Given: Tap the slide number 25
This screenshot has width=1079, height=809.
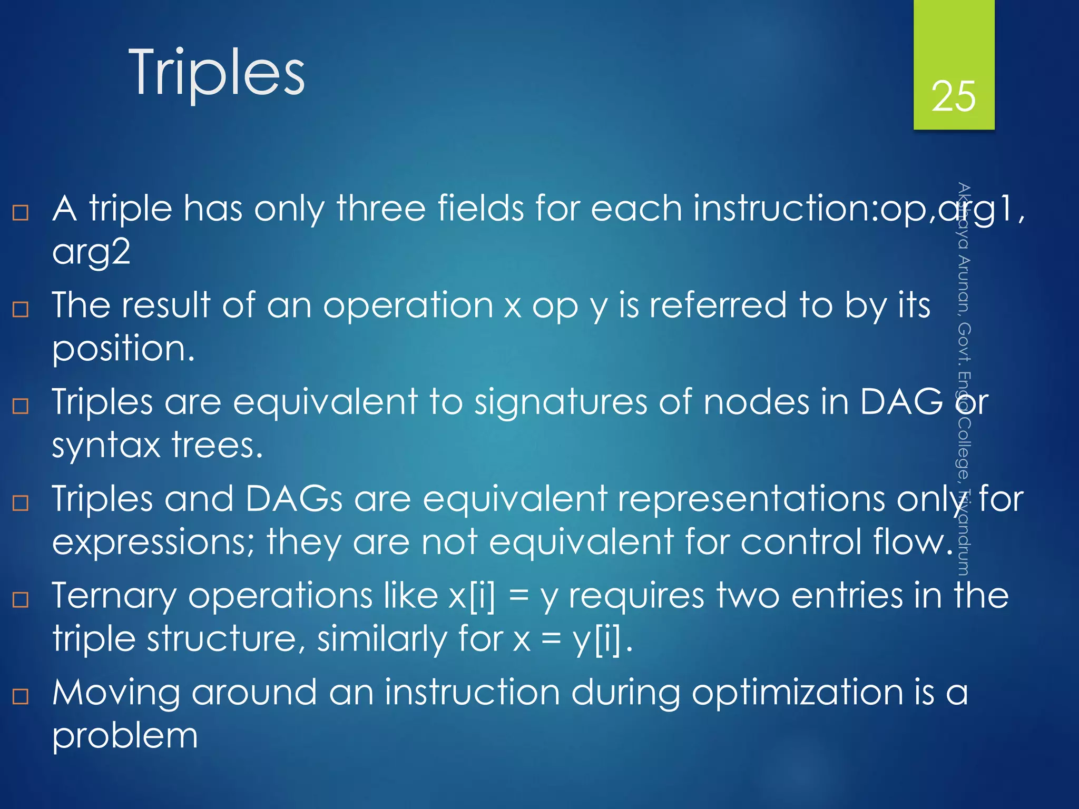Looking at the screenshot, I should (954, 96).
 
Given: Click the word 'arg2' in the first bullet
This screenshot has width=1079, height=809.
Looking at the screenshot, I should (91, 252).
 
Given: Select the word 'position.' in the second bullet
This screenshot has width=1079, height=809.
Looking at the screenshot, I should (124, 349).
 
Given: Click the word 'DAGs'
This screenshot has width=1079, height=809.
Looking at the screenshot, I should (294, 499).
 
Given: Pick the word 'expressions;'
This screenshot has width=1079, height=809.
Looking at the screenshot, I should (153, 542).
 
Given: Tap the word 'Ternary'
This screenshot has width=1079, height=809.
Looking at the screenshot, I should (114, 596).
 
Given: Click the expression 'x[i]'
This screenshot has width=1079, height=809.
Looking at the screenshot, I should (472, 596).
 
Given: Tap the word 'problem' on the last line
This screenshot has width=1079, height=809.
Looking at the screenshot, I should (125, 736).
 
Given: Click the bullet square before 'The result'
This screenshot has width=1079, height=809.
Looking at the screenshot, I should (21, 309).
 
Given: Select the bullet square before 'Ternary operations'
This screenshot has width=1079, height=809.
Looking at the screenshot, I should (21, 599).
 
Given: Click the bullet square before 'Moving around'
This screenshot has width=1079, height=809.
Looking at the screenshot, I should (21, 696).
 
